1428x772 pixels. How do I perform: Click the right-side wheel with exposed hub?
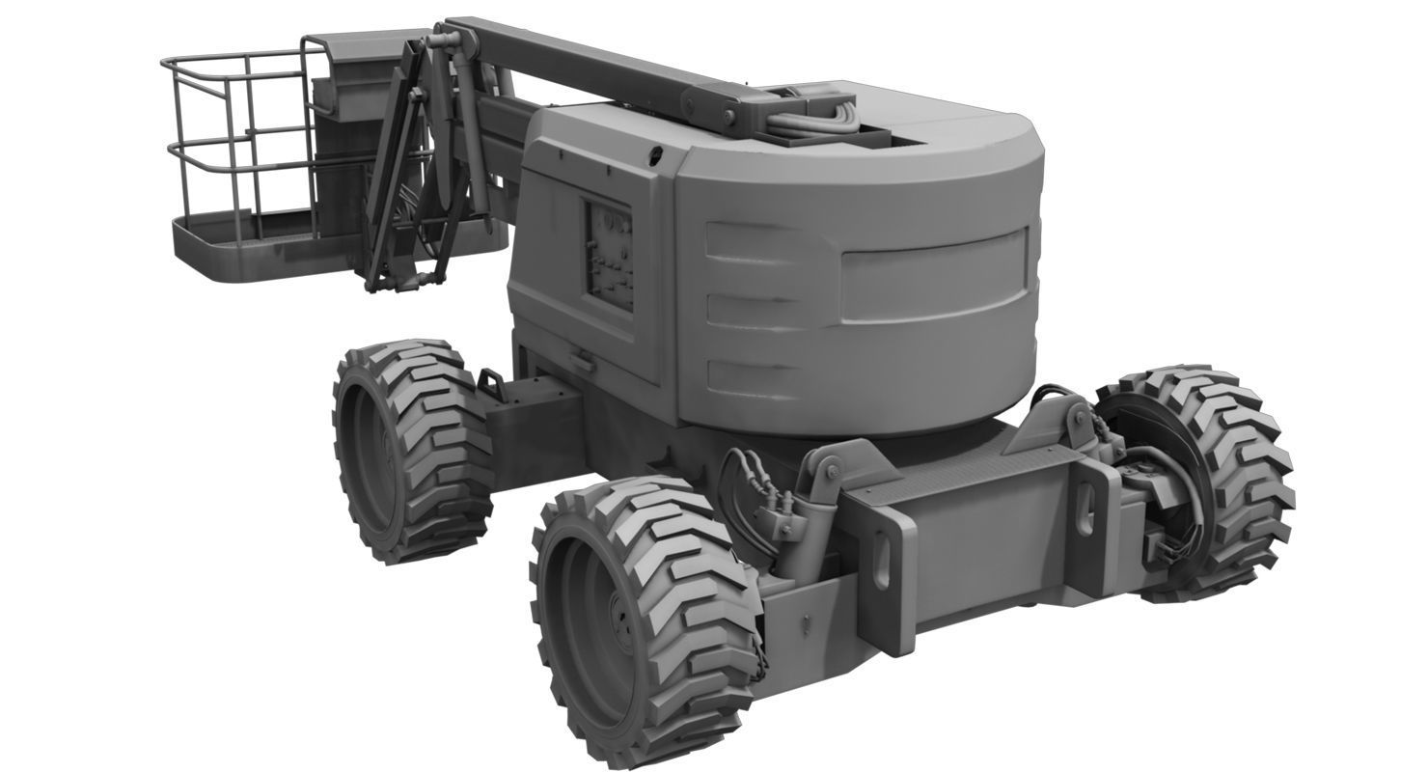pyautogui.click(x=1201, y=482)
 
